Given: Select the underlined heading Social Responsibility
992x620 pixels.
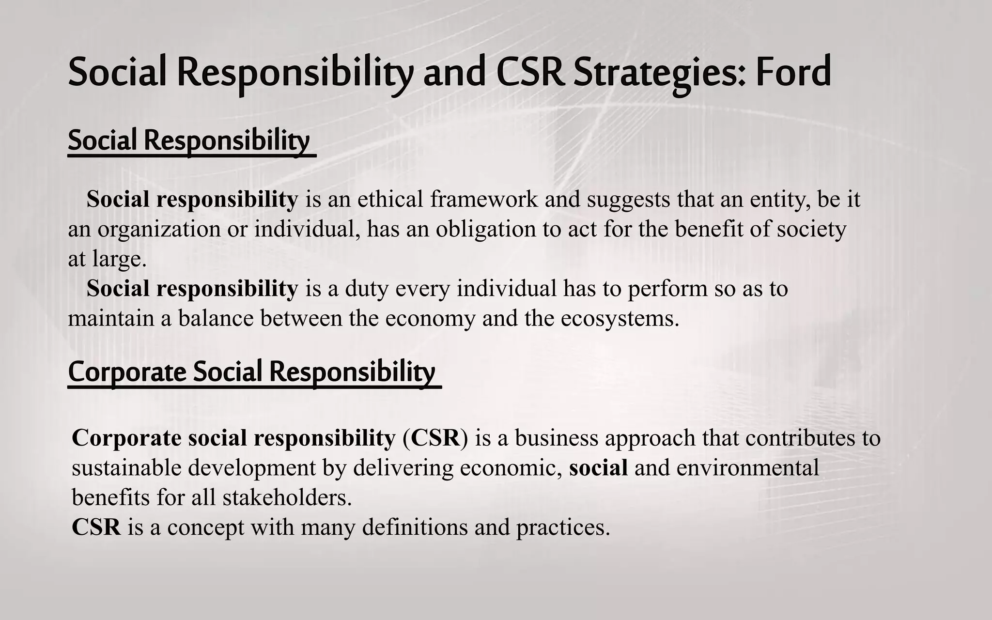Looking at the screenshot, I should pyautogui.click(x=189, y=140).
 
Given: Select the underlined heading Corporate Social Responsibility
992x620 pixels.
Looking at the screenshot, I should pyautogui.click(x=252, y=372).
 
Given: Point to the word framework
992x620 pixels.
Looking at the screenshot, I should pyautogui.click(x=484, y=199).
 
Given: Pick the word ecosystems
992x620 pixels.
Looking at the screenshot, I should pyautogui.click(x=620, y=319).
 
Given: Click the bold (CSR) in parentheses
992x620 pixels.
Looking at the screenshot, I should pyautogui.click(x=435, y=438).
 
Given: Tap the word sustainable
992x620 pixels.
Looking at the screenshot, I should pyautogui.click(x=126, y=468).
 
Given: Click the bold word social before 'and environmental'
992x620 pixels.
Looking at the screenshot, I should pyautogui.click(x=598, y=468).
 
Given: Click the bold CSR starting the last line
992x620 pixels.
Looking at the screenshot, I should pyautogui.click(x=96, y=527).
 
